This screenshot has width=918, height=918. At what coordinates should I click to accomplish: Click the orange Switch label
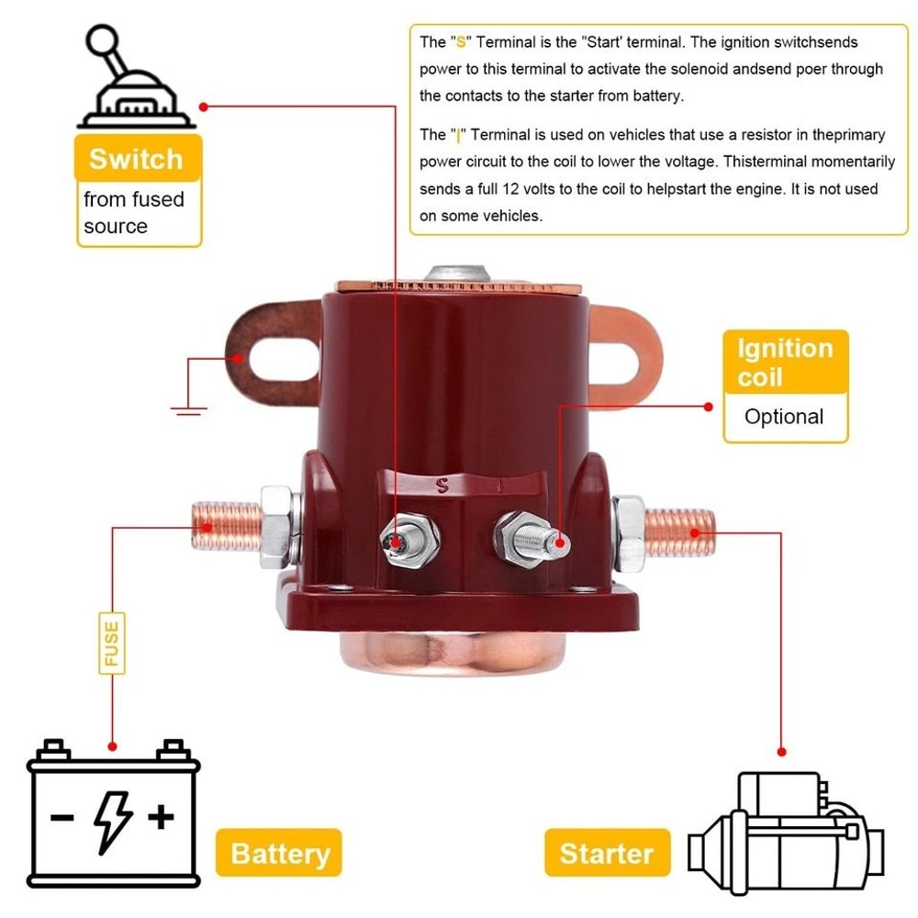click(136, 159)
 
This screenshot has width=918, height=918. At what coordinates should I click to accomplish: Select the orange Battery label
click(279, 853)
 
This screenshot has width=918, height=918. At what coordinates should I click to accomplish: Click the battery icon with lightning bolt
click(114, 812)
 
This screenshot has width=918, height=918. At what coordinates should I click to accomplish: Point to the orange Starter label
click(606, 853)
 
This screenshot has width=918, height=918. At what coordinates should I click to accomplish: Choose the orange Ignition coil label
click(785, 362)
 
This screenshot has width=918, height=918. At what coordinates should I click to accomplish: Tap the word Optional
click(784, 417)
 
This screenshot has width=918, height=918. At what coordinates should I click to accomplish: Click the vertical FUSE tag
click(111, 644)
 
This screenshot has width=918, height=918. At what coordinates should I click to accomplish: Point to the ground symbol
click(188, 409)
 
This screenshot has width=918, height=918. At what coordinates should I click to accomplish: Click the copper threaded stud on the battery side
click(215, 526)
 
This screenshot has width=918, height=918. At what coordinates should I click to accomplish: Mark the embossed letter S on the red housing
click(442, 482)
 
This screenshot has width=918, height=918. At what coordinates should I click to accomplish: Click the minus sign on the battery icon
click(62, 816)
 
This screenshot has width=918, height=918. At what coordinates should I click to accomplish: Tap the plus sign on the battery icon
click(162, 816)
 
